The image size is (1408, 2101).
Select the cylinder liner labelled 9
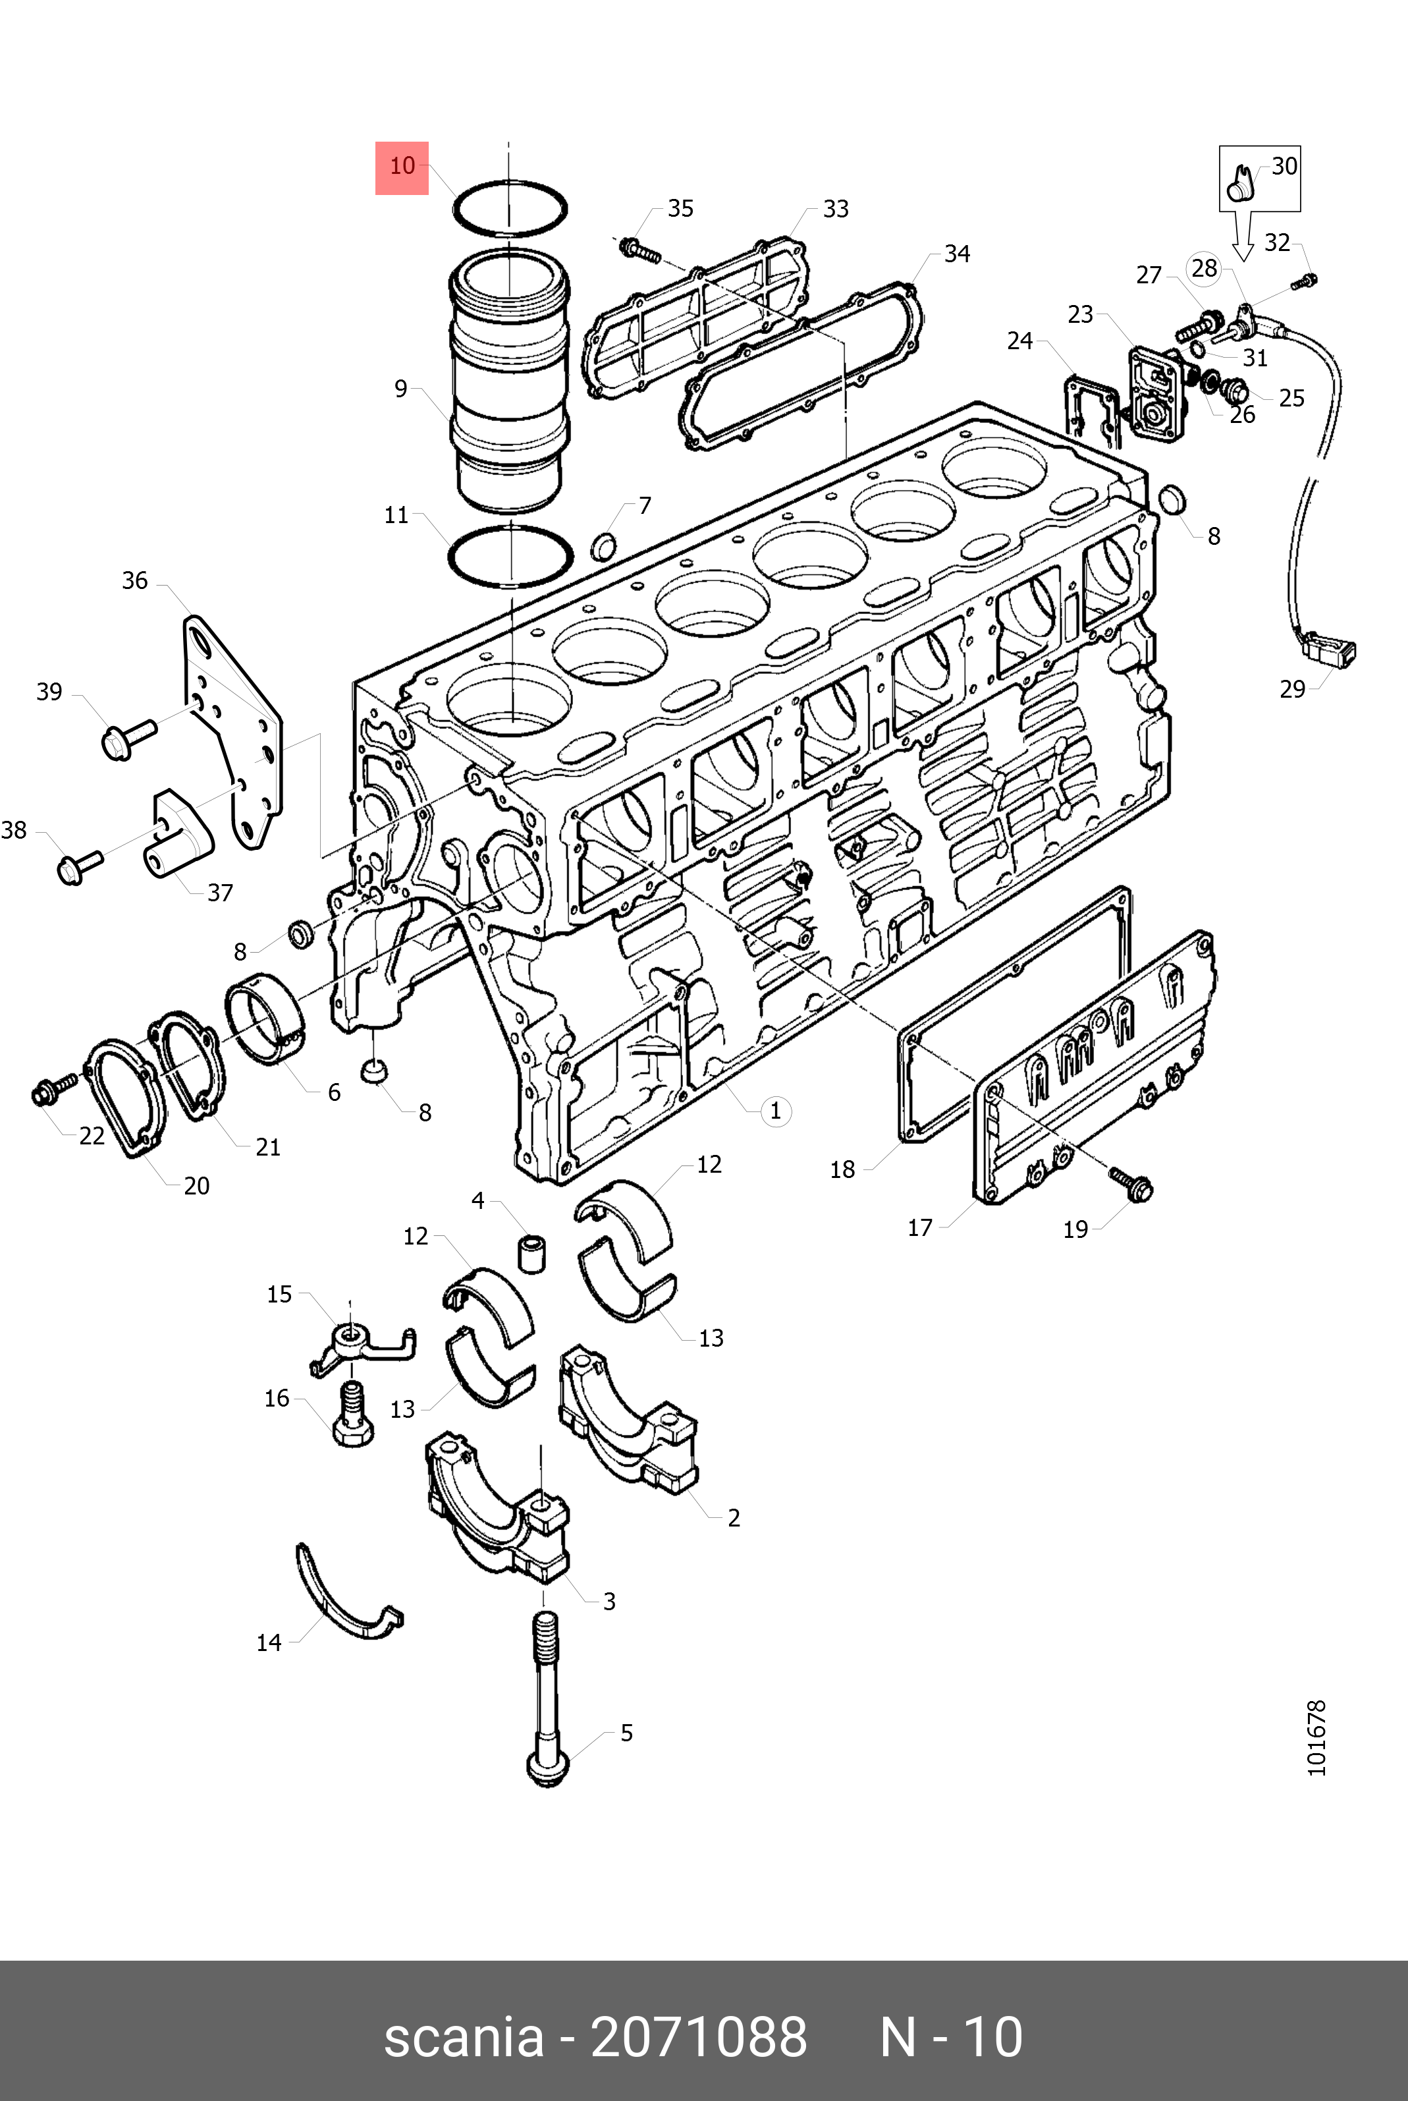[x=508, y=381]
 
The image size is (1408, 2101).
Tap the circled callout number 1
[x=776, y=1111]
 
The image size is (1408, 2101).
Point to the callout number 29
[x=1291, y=689]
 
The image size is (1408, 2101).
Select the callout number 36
[x=135, y=581]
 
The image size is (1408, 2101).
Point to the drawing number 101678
[x=1316, y=1737]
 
